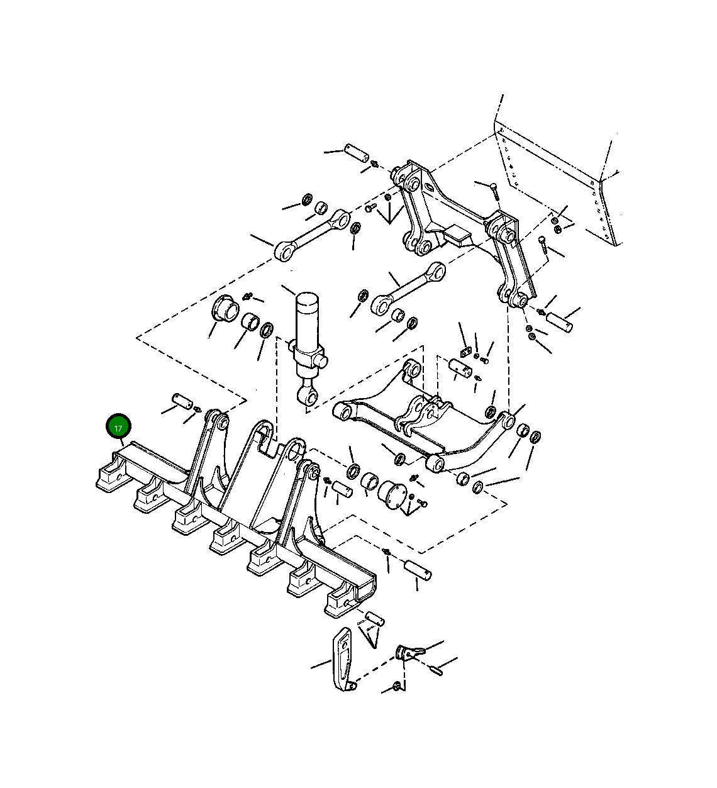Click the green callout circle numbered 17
click(118, 426)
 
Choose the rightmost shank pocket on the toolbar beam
click(341, 604)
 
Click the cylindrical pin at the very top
click(357, 153)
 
